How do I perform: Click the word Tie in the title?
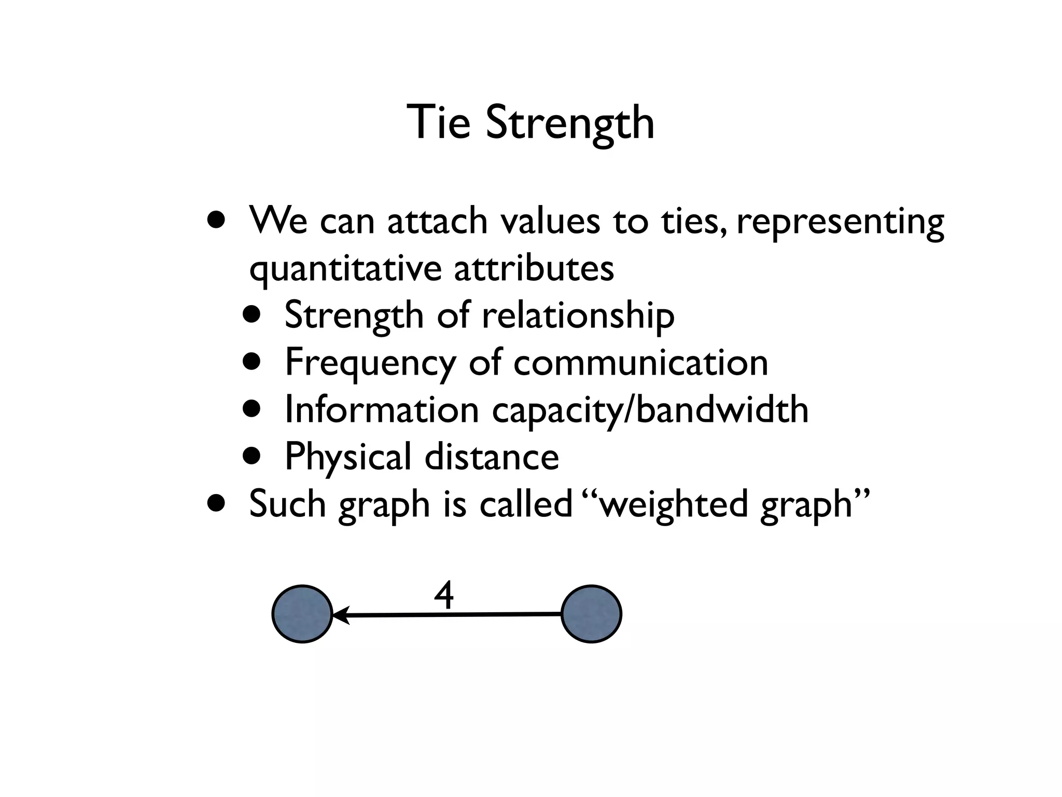click(x=438, y=122)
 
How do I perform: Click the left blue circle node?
click(x=302, y=614)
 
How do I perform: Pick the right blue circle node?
click(x=591, y=614)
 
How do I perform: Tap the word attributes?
click(x=534, y=268)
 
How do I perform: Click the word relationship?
click(x=578, y=315)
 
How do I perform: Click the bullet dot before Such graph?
click(x=216, y=502)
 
